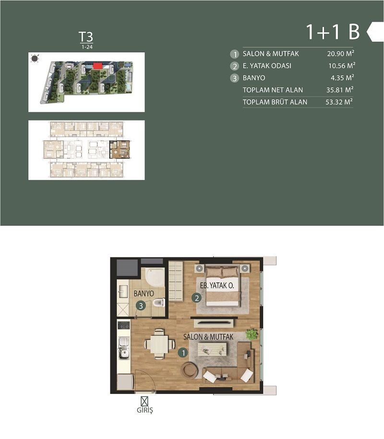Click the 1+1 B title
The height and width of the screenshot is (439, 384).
tap(333, 32)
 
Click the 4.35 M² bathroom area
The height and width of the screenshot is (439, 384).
tap(342, 78)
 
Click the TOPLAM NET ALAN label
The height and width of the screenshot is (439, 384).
tap(273, 90)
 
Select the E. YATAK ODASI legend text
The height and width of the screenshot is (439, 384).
tap(267, 66)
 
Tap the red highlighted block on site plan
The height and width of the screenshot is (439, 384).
tap(97, 66)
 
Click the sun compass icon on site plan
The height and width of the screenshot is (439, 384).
tap(35, 59)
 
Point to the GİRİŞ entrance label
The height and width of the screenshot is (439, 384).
tap(144, 411)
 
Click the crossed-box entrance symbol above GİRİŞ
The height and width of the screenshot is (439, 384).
tap(144, 400)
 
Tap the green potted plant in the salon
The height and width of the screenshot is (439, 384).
tap(251, 334)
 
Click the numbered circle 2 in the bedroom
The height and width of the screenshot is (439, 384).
tap(196, 298)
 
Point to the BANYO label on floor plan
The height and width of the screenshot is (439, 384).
tap(144, 293)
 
